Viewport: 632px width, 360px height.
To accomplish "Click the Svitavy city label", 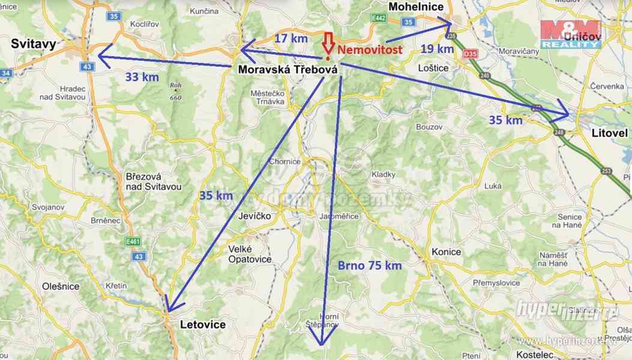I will (x=33, y=43).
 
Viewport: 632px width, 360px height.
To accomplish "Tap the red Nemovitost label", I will (x=369, y=50).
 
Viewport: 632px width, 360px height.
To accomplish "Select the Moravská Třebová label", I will (x=287, y=70).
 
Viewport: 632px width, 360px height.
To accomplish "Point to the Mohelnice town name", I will (x=416, y=7).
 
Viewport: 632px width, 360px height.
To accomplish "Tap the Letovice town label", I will (x=203, y=325).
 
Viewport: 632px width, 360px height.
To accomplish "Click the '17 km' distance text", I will (x=291, y=38).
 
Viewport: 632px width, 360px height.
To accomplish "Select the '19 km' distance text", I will (x=436, y=49).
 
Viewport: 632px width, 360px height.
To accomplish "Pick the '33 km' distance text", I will (x=142, y=77).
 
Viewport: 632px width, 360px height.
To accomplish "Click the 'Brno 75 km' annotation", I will (x=369, y=265).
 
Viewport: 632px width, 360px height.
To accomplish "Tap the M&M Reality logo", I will (x=570, y=34).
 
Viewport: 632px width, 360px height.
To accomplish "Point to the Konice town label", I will (x=446, y=252).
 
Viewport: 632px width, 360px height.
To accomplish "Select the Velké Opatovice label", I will (x=250, y=254).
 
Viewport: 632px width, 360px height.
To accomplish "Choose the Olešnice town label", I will (x=61, y=286).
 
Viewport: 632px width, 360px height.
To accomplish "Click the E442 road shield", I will (x=379, y=19).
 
